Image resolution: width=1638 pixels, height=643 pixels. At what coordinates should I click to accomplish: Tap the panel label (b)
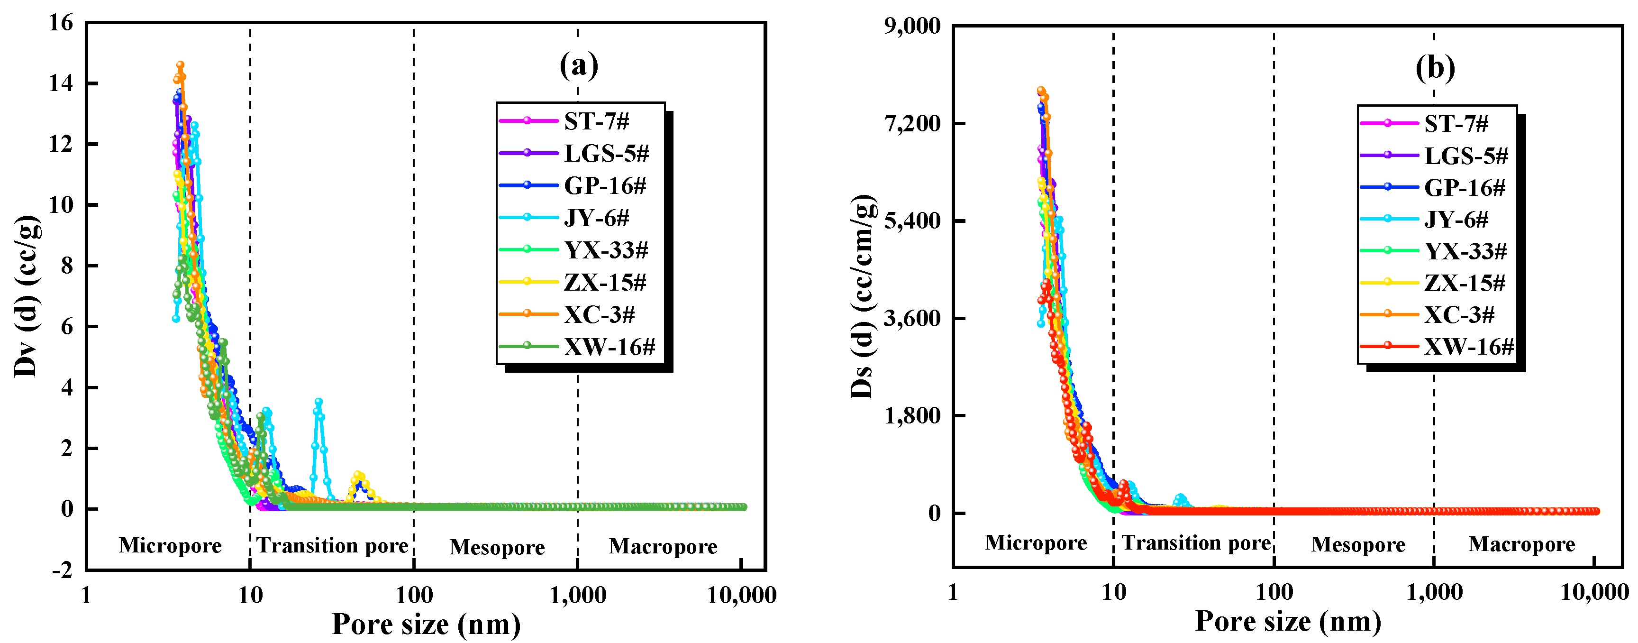pyautogui.click(x=1435, y=67)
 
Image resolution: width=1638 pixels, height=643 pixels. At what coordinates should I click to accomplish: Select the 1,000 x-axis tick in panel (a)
pyautogui.click(x=577, y=595)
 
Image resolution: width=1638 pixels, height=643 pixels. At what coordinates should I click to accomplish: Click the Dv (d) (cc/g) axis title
pyautogui.click(x=27, y=296)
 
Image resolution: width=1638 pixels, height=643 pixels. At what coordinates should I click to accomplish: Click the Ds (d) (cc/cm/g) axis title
pyautogui.click(x=863, y=296)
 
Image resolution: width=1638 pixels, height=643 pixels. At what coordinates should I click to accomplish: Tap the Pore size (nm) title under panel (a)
pyautogui.click(x=426, y=625)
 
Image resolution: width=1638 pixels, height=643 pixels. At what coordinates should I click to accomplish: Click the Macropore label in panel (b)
pyautogui.click(x=1521, y=544)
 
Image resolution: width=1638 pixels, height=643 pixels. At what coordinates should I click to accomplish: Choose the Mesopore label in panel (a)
pyautogui.click(x=497, y=547)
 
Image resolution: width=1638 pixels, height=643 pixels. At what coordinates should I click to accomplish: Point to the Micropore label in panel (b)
pyautogui.click(x=1036, y=542)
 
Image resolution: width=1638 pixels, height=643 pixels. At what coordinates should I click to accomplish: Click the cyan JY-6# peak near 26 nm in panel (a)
pyautogui.click(x=318, y=402)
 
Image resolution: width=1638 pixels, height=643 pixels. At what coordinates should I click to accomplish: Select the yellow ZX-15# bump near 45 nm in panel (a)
pyautogui.click(x=359, y=475)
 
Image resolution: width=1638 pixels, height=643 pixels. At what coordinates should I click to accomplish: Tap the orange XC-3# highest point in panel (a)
pyautogui.click(x=180, y=64)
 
